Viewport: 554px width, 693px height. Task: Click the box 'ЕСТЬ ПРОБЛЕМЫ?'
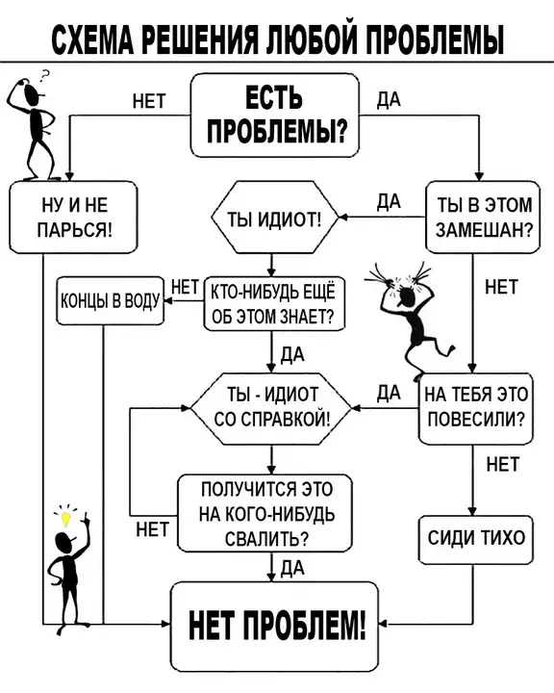275,115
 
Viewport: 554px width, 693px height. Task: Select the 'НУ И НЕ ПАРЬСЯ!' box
73,217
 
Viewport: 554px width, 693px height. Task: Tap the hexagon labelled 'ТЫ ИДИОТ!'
275,217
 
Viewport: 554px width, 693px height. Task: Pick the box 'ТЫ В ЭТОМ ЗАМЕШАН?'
483,217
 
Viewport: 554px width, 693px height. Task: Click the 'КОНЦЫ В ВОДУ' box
110,301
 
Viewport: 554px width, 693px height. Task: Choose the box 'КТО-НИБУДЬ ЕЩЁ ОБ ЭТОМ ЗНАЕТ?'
274,303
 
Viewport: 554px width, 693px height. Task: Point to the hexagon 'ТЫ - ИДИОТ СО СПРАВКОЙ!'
271,408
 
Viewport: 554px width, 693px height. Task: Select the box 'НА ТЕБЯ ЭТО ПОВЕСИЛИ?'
476,408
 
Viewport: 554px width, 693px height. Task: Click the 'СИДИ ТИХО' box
476,539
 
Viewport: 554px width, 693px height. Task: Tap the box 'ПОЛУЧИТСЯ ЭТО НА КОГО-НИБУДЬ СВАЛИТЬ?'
265,513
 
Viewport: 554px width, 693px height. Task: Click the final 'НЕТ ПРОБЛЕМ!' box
275,627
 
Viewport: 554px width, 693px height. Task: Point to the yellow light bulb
65,519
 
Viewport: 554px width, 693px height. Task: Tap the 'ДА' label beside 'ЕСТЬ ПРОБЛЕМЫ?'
389,100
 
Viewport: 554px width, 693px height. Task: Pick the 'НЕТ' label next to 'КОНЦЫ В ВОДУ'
185,288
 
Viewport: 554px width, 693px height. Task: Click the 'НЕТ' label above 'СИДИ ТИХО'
503,465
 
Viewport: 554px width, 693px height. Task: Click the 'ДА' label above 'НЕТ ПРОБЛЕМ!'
292,568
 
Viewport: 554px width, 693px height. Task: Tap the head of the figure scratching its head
32,93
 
